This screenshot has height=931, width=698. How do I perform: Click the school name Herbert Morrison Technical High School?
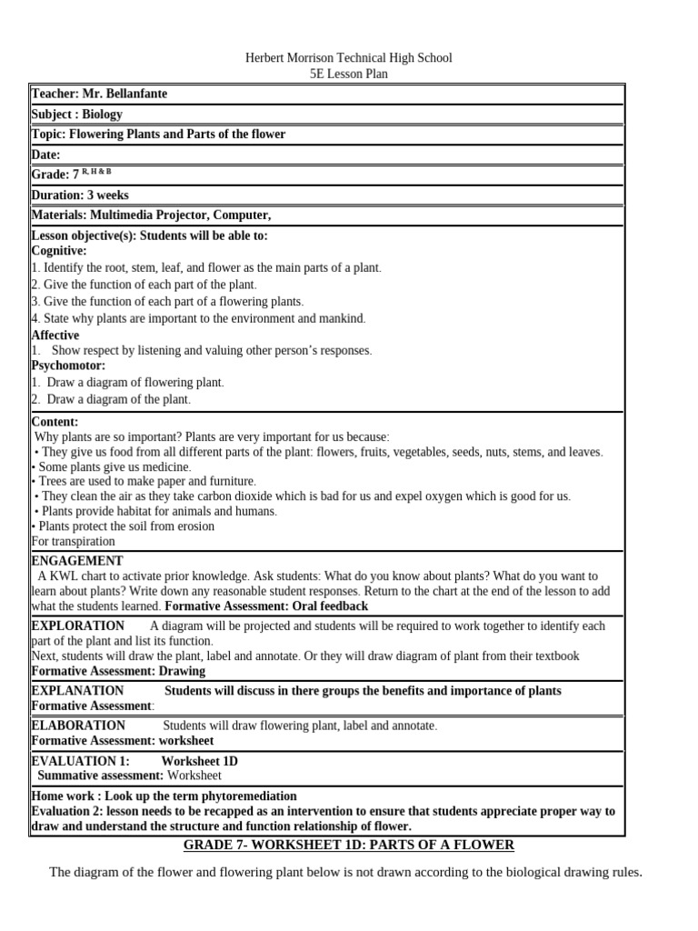(348, 58)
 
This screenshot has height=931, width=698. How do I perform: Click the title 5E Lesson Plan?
(348, 74)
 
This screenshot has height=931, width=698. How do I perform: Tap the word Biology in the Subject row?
(102, 115)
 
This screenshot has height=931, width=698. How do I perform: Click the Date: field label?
(45, 155)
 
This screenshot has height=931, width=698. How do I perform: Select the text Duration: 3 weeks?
(80, 195)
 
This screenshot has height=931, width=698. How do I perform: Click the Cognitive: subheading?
(59, 250)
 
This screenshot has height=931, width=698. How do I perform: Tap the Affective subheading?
(55, 335)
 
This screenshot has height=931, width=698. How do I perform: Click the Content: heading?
(55, 422)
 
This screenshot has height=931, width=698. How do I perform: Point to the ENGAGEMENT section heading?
(76, 561)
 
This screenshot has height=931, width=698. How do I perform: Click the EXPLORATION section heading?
(78, 626)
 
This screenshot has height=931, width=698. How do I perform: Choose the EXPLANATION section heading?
(77, 691)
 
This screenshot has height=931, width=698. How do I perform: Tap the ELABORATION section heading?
(78, 726)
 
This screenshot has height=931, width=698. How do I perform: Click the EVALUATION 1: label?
(80, 761)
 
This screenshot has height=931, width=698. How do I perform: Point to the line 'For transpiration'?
(73, 541)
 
